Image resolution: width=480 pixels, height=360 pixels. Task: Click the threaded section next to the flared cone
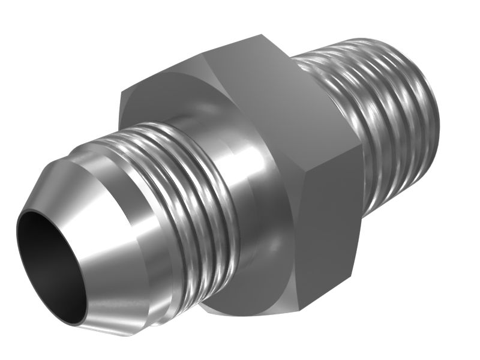point(180,192)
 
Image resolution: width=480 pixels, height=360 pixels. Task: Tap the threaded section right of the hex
point(384,114)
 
